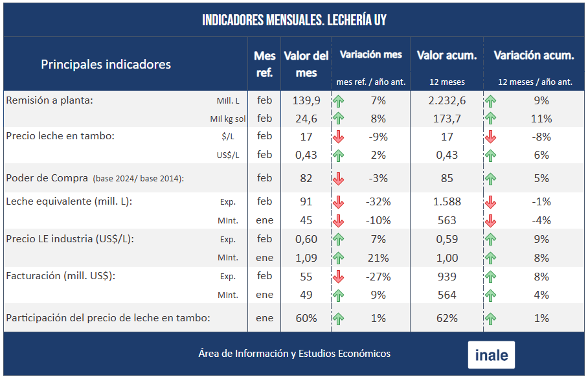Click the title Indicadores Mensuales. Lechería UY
pos(294,20)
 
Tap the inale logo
pos(492,355)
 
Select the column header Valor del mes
pos(306,64)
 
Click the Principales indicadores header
pos(106,64)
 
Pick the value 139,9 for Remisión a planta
pos(306,100)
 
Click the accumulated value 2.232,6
pos(447,100)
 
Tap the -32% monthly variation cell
pos(378,201)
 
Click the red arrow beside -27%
pos(338,277)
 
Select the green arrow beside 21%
pos(338,258)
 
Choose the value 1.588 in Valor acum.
pos(447,201)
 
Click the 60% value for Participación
pos(306,318)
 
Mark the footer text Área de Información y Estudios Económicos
pos(295,354)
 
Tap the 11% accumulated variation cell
pos(541,119)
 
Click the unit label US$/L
pos(227,155)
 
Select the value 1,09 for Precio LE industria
pos(306,258)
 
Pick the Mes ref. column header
pos(264,64)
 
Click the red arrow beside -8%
pos(491,137)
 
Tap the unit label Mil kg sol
pos(228,119)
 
